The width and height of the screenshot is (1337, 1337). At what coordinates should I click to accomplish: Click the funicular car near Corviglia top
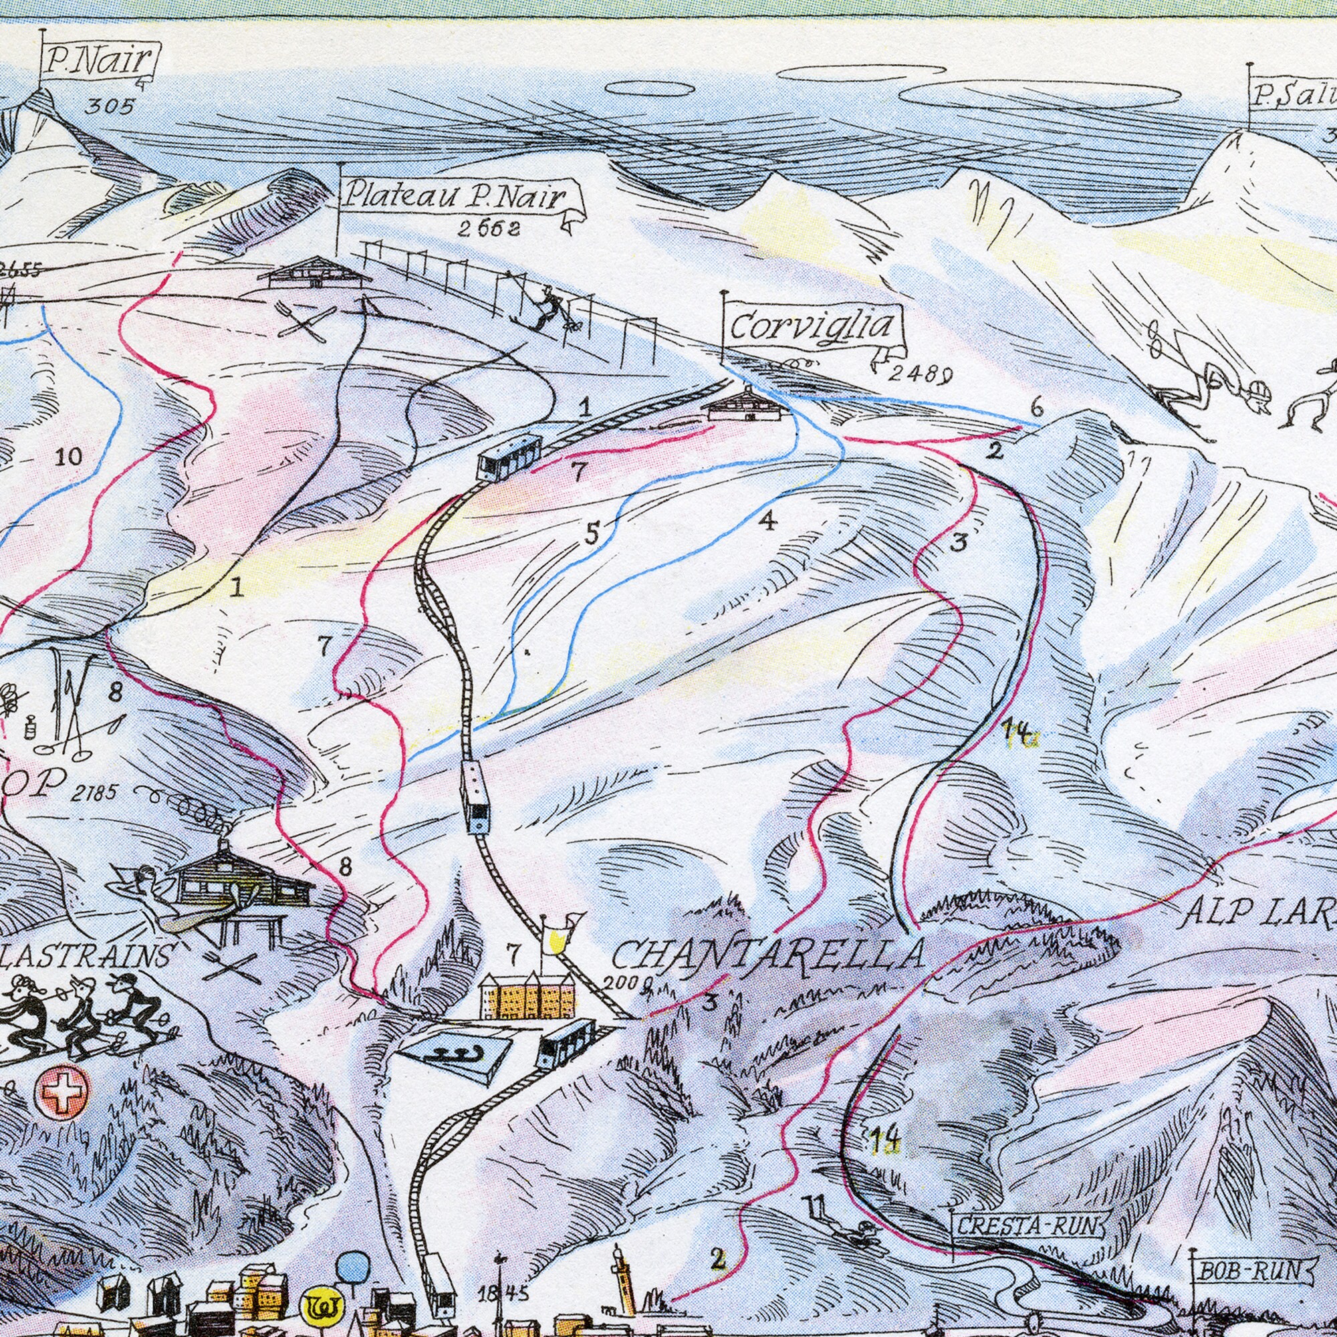point(509,457)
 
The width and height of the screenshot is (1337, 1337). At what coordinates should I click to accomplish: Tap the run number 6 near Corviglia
point(1036,408)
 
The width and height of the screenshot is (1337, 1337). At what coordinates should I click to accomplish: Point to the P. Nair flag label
point(100,63)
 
